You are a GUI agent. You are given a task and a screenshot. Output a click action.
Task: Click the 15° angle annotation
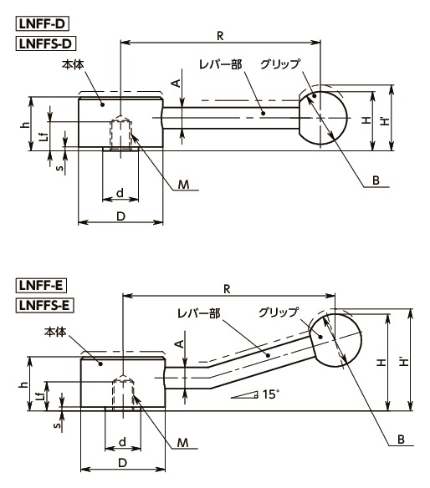point(269,394)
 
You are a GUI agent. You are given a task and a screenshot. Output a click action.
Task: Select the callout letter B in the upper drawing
point(376,180)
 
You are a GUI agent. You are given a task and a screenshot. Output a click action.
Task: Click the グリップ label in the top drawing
point(279,64)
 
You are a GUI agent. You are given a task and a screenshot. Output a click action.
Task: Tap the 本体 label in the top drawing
point(74,64)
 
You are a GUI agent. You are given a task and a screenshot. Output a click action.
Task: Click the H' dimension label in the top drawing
point(383,121)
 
